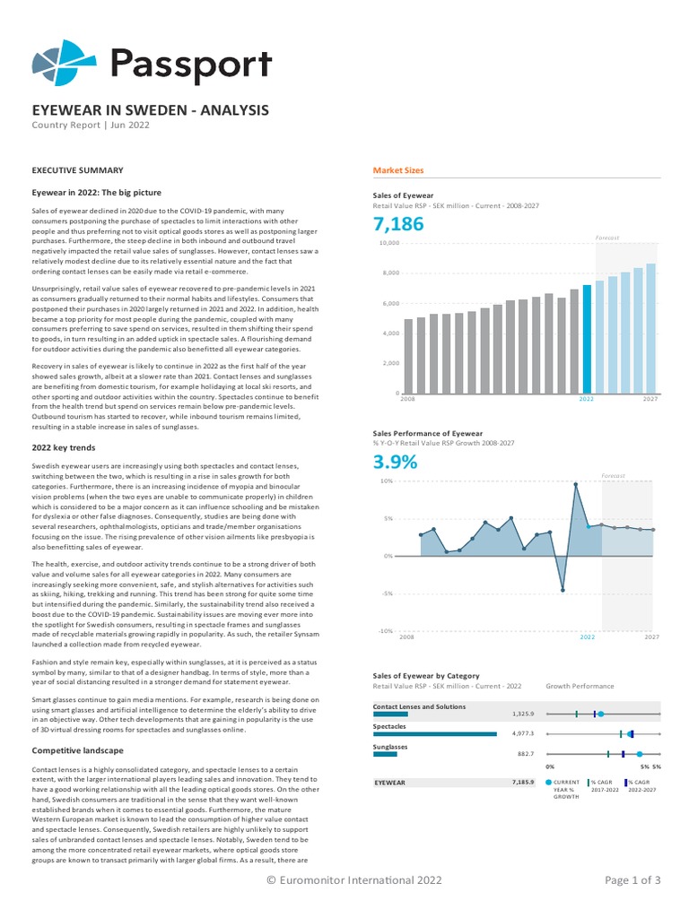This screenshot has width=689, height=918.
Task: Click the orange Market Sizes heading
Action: [397, 170]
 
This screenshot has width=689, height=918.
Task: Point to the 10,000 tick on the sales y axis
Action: [388, 243]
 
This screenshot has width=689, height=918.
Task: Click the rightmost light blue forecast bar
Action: [651, 328]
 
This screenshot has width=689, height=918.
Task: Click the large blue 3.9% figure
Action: [395, 463]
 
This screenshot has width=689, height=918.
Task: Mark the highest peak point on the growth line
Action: [575, 484]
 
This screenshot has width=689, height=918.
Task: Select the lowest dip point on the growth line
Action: [563, 590]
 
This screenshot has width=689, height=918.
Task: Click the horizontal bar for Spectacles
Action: [434, 733]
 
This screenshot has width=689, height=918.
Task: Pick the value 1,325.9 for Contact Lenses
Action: [523, 714]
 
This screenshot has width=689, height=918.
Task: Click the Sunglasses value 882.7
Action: [525, 754]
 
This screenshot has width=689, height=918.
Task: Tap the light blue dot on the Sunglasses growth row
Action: [640, 754]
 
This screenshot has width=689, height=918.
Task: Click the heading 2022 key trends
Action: [64, 447]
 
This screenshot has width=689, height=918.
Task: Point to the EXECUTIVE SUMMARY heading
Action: [77, 170]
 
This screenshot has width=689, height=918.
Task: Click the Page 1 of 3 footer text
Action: [632, 880]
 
